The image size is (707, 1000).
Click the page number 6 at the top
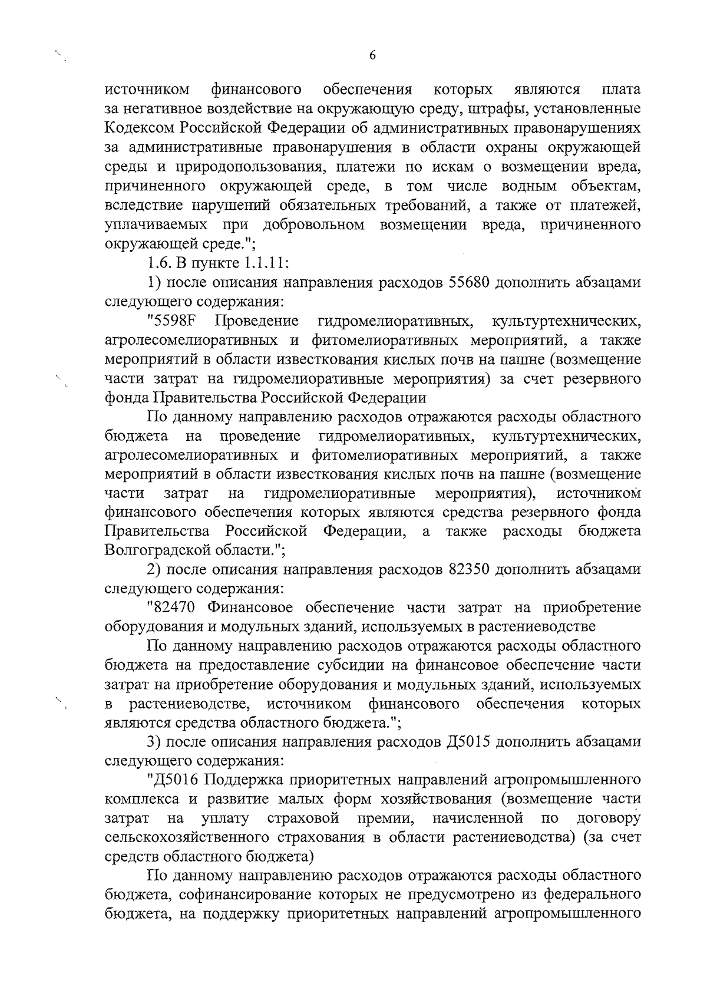(372, 55)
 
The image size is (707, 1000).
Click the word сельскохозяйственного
(201, 837)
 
